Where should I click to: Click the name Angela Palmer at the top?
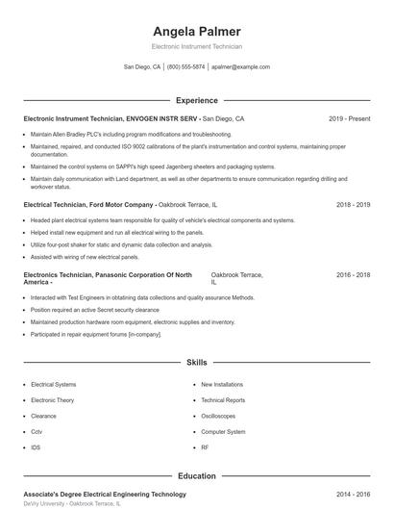[197, 32]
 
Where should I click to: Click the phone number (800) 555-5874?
[185, 67]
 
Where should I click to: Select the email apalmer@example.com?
[240, 67]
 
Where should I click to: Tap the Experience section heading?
[196, 100]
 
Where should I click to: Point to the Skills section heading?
[196, 363]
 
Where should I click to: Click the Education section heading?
[196, 475]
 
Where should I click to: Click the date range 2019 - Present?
[349, 118]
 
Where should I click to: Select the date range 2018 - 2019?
[354, 205]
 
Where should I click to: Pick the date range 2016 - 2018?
[354, 274]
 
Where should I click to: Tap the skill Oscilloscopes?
[217, 416]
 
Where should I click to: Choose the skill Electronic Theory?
[52, 399]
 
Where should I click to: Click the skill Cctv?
[37, 432]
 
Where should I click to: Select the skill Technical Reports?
[222, 399]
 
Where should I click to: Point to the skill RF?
[205, 447]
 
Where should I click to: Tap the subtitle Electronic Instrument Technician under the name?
[197, 46]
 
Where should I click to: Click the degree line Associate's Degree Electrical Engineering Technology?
[104, 494]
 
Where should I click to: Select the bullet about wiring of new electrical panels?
[85, 257]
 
